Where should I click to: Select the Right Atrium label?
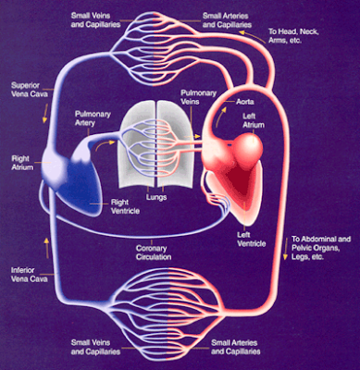point(21,163)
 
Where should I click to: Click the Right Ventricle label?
point(116,203)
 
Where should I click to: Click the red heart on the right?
point(249,166)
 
